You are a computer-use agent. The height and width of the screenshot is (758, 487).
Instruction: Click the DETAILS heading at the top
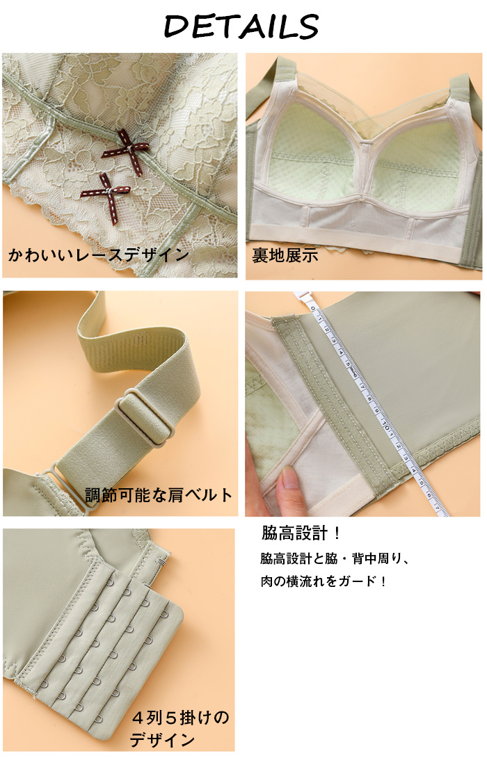click(241, 26)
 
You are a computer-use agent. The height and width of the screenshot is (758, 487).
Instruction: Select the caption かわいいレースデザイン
click(98, 255)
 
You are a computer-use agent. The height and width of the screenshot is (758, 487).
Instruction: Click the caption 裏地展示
click(285, 255)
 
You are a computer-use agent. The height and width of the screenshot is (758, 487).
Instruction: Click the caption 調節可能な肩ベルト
click(159, 494)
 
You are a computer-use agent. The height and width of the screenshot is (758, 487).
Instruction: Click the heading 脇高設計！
click(301, 533)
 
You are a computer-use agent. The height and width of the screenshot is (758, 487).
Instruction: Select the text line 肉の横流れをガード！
click(323, 581)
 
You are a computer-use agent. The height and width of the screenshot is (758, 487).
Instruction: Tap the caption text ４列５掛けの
click(180, 718)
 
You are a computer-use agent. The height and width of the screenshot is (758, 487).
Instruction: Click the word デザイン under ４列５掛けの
click(163, 740)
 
